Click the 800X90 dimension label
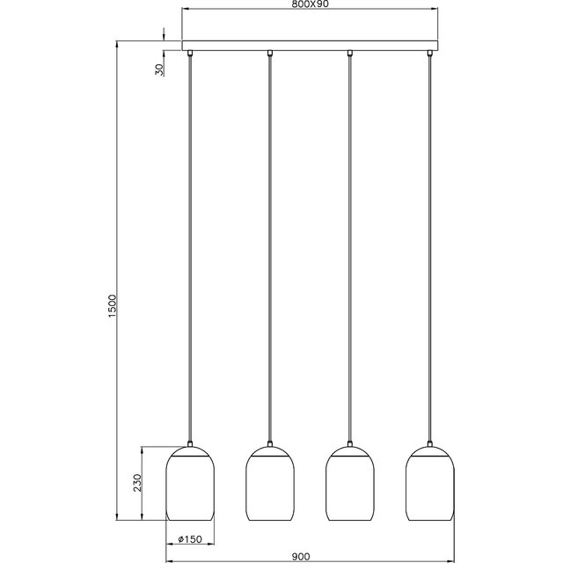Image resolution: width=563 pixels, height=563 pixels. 310,5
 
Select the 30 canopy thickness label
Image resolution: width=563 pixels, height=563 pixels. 158,69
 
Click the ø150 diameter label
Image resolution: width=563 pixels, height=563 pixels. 190,539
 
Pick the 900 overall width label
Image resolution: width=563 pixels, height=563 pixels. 301,556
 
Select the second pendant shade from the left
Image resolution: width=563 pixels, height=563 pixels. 269,486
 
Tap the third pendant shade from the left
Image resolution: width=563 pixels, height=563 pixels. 350,486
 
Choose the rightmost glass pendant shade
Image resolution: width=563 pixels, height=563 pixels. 429,486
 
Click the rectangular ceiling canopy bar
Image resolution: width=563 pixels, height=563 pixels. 310,45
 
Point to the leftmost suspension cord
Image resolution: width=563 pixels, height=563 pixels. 190,246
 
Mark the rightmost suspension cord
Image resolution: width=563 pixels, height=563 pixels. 429,246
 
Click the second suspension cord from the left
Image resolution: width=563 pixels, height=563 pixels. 269,246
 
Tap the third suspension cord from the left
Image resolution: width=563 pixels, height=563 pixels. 350,246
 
